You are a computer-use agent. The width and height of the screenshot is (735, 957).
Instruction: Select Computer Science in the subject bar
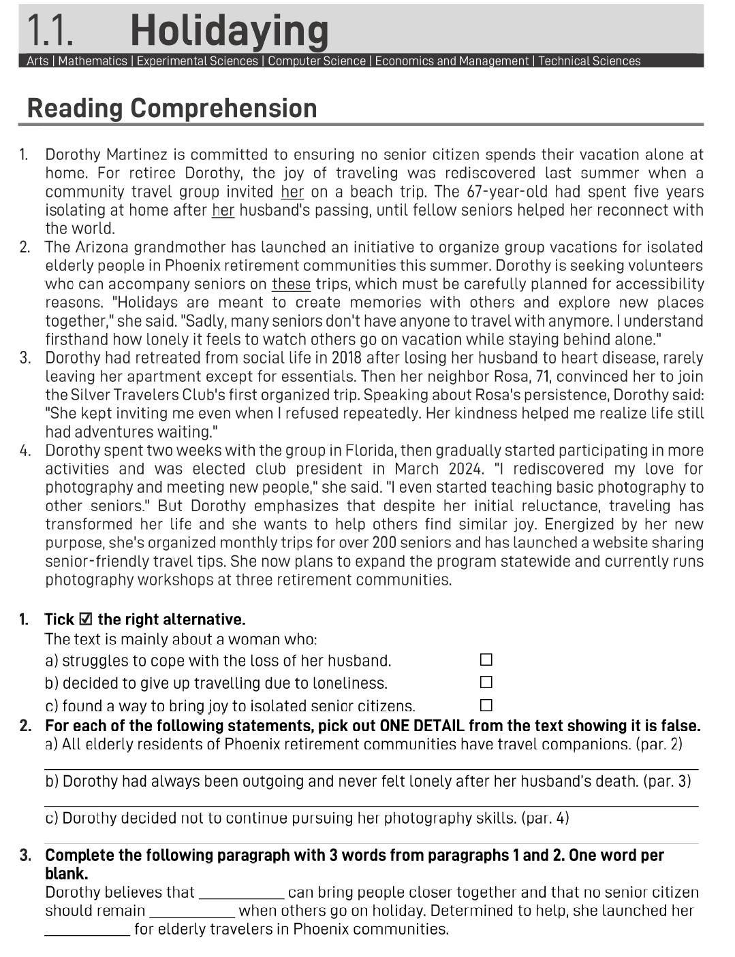[x=316, y=61]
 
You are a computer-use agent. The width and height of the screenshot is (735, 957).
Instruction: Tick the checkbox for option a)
[x=486, y=660]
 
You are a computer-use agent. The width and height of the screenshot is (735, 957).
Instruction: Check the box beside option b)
[x=486, y=682]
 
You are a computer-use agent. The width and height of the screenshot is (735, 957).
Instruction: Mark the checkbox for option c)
[x=486, y=705]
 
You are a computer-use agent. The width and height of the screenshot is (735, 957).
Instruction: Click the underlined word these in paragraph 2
[x=291, y=285]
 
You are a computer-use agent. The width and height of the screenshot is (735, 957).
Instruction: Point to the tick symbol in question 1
[x=86, y=619]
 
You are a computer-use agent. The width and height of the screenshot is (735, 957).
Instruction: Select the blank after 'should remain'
[x=192, y=911]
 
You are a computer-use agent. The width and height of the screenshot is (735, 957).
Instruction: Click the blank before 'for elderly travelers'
[x=87, y=930]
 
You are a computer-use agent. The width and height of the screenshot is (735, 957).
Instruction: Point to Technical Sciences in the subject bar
[x=589, y=61]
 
